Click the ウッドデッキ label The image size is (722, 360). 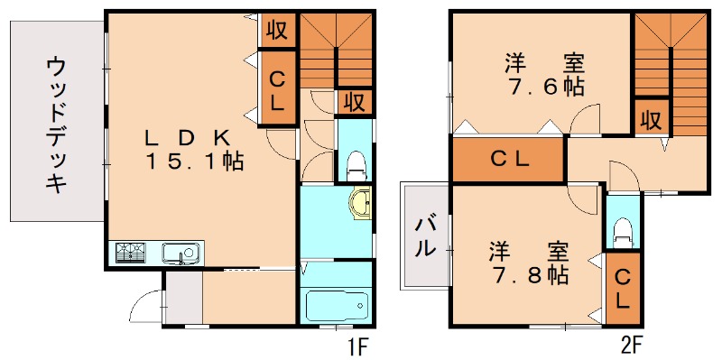click(x=57, y=125)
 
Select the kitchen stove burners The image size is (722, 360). click(x=131, y=253)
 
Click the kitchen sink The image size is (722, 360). click(x=180, y=253)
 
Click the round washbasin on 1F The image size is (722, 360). click(x=360, y=204)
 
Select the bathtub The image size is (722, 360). click(x=336, y=305)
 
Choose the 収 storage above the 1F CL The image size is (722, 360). click(x=277, y=30)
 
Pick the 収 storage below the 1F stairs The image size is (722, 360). click(x=355, y=101)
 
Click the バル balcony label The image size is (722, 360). click(x=423, y=236)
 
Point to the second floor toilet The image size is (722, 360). click(x=622, y=233)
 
